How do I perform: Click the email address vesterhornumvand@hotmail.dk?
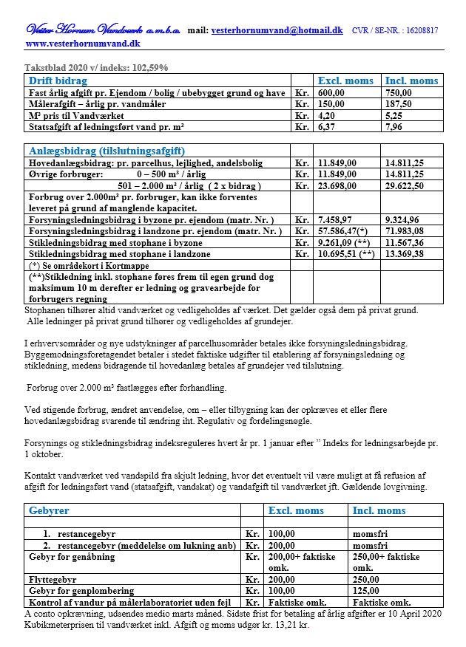(x=277, y=30)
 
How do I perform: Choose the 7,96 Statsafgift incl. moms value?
(x=395, y=127)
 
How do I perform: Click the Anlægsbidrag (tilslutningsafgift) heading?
(x=107, y=151)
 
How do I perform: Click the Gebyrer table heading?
(x=49, y=510)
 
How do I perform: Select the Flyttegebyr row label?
(x=53, y=581)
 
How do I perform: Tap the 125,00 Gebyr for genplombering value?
(x=368, y=592)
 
